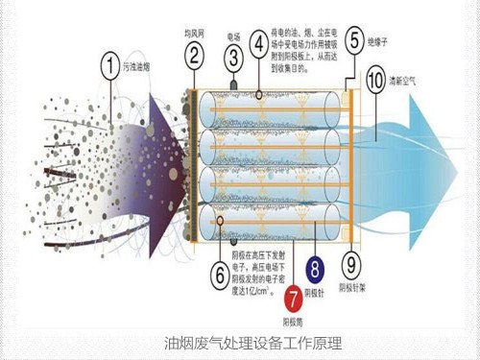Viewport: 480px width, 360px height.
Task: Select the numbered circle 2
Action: [195, 55]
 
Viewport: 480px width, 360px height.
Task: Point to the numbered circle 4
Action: [259, 43]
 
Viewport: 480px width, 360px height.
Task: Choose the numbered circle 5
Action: [355, 41]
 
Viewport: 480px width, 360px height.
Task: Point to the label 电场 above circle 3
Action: [233, 36]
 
